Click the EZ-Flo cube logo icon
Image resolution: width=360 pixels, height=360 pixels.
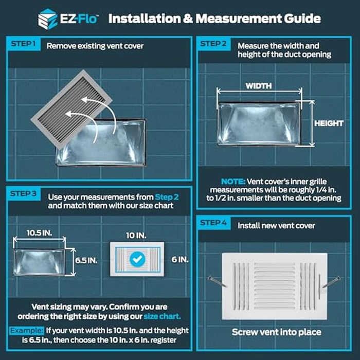point(47,19)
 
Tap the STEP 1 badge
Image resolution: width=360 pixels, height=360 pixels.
point(23,45)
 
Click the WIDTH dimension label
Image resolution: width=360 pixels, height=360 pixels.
point(258,86)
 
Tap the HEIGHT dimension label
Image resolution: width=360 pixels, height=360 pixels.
point(329,123)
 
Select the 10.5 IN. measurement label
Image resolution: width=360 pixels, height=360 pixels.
point(40,232)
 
